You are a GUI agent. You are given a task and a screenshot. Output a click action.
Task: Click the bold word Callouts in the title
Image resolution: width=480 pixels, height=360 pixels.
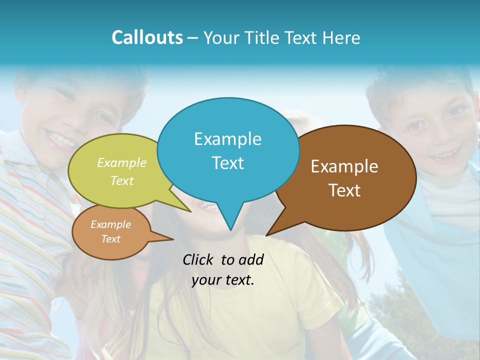(x=147, y=37)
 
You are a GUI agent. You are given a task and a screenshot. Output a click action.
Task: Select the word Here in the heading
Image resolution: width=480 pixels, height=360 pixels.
(x=341, y=37)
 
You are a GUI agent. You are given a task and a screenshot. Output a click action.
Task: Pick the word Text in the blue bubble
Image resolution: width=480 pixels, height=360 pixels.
(x=227, y=162)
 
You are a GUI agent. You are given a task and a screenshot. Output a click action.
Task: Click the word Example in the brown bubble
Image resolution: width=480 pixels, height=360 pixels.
(x=344, y=166)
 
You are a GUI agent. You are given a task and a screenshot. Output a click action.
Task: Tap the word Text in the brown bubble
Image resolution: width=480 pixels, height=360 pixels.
(x=344, y=190)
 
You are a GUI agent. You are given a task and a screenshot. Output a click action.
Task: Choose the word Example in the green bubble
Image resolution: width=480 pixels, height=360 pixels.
(x=122, y=162)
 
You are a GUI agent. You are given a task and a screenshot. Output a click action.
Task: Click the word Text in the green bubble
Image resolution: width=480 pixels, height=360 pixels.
(x=122, y=180)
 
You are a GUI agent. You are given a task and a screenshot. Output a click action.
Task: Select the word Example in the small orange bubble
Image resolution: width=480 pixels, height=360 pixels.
(x=110, y=224)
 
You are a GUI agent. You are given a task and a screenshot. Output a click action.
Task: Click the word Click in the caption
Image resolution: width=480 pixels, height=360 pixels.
(x=198, y=259)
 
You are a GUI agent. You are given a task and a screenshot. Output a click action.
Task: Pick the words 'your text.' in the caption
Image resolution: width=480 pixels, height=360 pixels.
(x=223, y=280)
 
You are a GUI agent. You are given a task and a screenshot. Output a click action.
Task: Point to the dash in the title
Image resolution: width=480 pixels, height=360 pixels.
(x=193, y=38)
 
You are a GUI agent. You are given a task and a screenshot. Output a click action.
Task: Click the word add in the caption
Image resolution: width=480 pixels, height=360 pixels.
(x=251, y=259)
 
